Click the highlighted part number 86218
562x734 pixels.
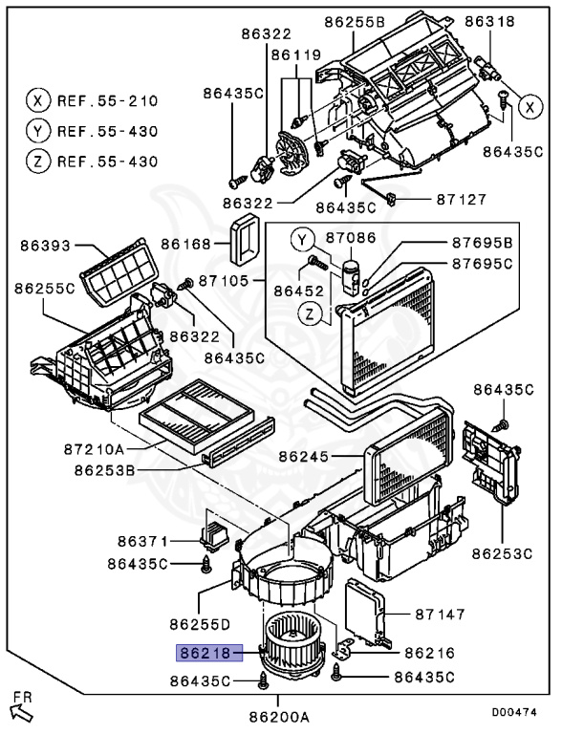click(x=209, y=652)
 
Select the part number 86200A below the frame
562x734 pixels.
click(x=279, y=716)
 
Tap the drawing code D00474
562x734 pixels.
click(x=514, y=711)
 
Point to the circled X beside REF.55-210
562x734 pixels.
click(x=38, y=100)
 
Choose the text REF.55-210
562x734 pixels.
click(x=107, y=101)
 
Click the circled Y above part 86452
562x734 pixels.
click(x=302, y=241)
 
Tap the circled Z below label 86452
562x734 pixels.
click(x=309, y=314)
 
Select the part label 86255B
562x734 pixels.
click(x=354, y=22)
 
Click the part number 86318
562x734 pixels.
click(x=489, y=21)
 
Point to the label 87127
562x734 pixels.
click(x=462, y=200)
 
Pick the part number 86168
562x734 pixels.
click(x=186, y=244)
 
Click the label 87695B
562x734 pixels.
click(x=482, y=243)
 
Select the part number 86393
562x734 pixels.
click(x=45, y=246)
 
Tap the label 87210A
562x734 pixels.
click(x=94, y=449)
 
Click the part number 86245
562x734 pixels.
click(x=304, y=456)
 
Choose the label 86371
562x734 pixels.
click(x=142, y=542)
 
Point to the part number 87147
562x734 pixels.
click(x=440, y=614)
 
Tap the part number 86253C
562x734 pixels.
click(x=502, y=553)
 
